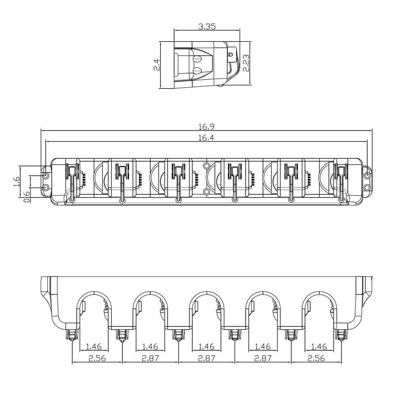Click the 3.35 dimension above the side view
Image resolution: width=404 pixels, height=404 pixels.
(207, 26)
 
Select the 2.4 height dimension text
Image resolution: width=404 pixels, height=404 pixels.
(157, 65)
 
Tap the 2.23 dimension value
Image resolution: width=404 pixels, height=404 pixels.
(246, 63)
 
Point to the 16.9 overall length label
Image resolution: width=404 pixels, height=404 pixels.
(206, 127)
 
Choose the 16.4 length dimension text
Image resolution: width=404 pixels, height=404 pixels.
(206, 138)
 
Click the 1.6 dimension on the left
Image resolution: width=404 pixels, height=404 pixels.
(17, 182)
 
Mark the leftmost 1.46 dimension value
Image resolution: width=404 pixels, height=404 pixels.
(94, 347)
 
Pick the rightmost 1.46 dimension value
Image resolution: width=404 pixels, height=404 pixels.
(319, 347)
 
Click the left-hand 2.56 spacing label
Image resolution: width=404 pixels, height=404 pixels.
(97, 358)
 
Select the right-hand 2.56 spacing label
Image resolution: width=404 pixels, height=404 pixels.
(316, 358)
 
